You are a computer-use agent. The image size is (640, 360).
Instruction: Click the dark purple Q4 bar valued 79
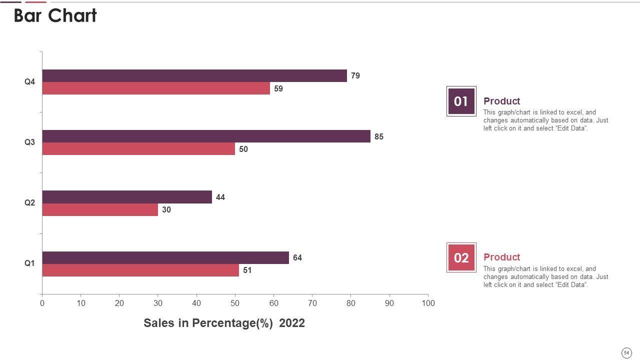tap(194, 76)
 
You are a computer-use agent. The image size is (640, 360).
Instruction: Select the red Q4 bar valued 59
tap(156, 88)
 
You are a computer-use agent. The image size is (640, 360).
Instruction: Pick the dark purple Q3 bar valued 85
tap(206, 136)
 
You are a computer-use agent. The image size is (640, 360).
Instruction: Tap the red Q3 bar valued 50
tap(138, 149)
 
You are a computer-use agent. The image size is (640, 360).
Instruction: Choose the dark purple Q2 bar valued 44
tap(127, 197)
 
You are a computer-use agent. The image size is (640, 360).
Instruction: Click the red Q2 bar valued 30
tap(100, 210)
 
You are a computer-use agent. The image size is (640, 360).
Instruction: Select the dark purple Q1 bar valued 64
tap(165, 257)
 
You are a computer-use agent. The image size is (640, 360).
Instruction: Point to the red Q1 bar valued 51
tap(140, 270)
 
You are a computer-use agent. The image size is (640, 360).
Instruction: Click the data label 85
tap(379, 136)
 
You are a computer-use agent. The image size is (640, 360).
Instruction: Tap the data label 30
tap(166, 210)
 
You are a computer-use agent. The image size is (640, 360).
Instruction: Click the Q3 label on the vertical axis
tap(30, 142)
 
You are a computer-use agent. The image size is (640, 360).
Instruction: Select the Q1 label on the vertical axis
tap(30, 263)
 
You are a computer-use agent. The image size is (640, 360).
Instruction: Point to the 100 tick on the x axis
tap(428, 303)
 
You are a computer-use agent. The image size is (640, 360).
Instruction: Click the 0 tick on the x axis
tap(42, 303)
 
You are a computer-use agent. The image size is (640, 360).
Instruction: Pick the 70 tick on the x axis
tap(312, 303)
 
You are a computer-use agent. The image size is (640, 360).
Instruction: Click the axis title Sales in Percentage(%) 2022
tap(224, 323)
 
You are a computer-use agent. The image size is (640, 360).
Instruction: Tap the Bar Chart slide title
tap(55, 16)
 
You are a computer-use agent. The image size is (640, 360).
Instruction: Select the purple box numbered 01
tap(461, 101)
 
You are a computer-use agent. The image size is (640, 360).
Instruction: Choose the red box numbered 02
tap(461, 257)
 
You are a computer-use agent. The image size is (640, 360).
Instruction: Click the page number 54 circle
tap(626, 353)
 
